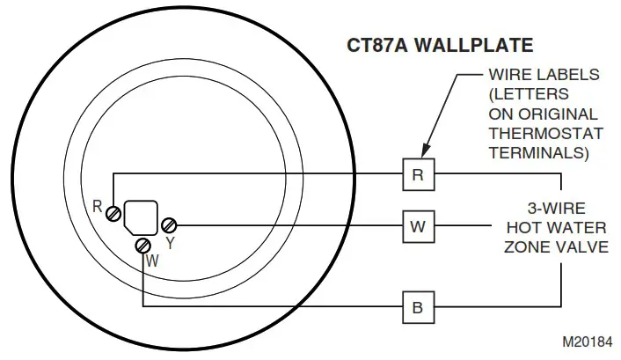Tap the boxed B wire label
417,308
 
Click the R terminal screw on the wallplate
113,213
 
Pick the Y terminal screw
171,225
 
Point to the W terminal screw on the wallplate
143,246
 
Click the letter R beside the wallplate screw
98,206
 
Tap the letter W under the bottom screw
152,261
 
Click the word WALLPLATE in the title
485,44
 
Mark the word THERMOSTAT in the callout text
544,134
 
